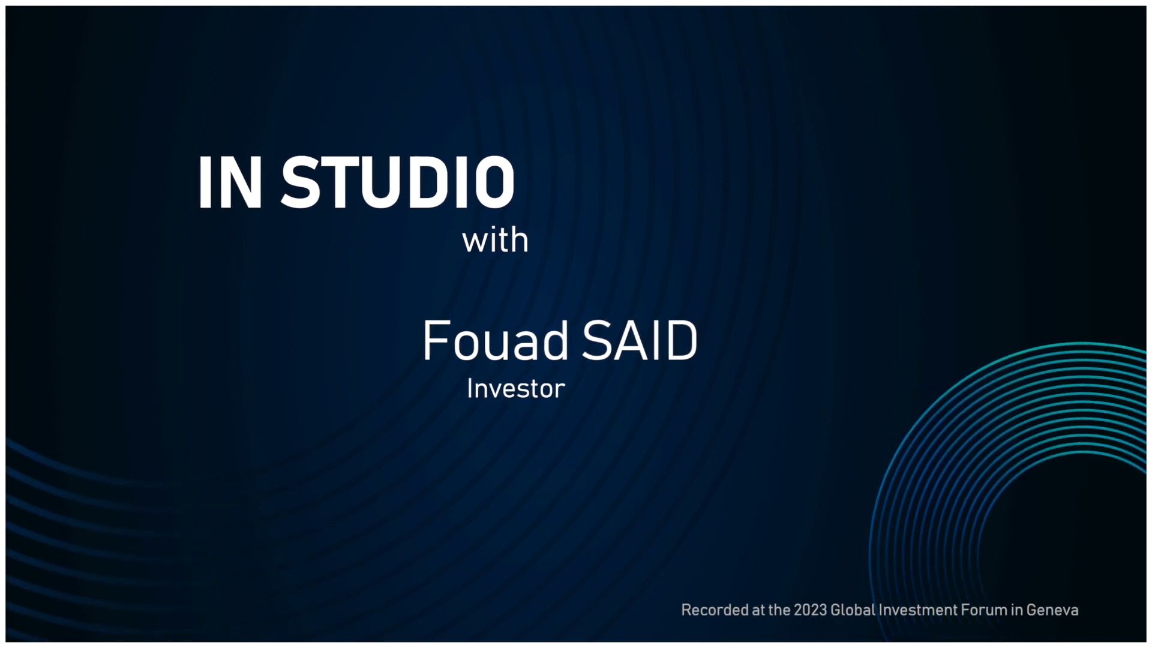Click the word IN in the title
(230, 182)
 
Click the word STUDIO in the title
(398, 182)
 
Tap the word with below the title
(495, 241)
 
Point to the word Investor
(516, 389)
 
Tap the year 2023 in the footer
(810, 610)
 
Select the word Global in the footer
(853, 610)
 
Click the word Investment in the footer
(918, 610)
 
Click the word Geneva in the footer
(1052, 610)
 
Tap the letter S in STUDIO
(300, 182)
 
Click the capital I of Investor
(470, 389)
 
